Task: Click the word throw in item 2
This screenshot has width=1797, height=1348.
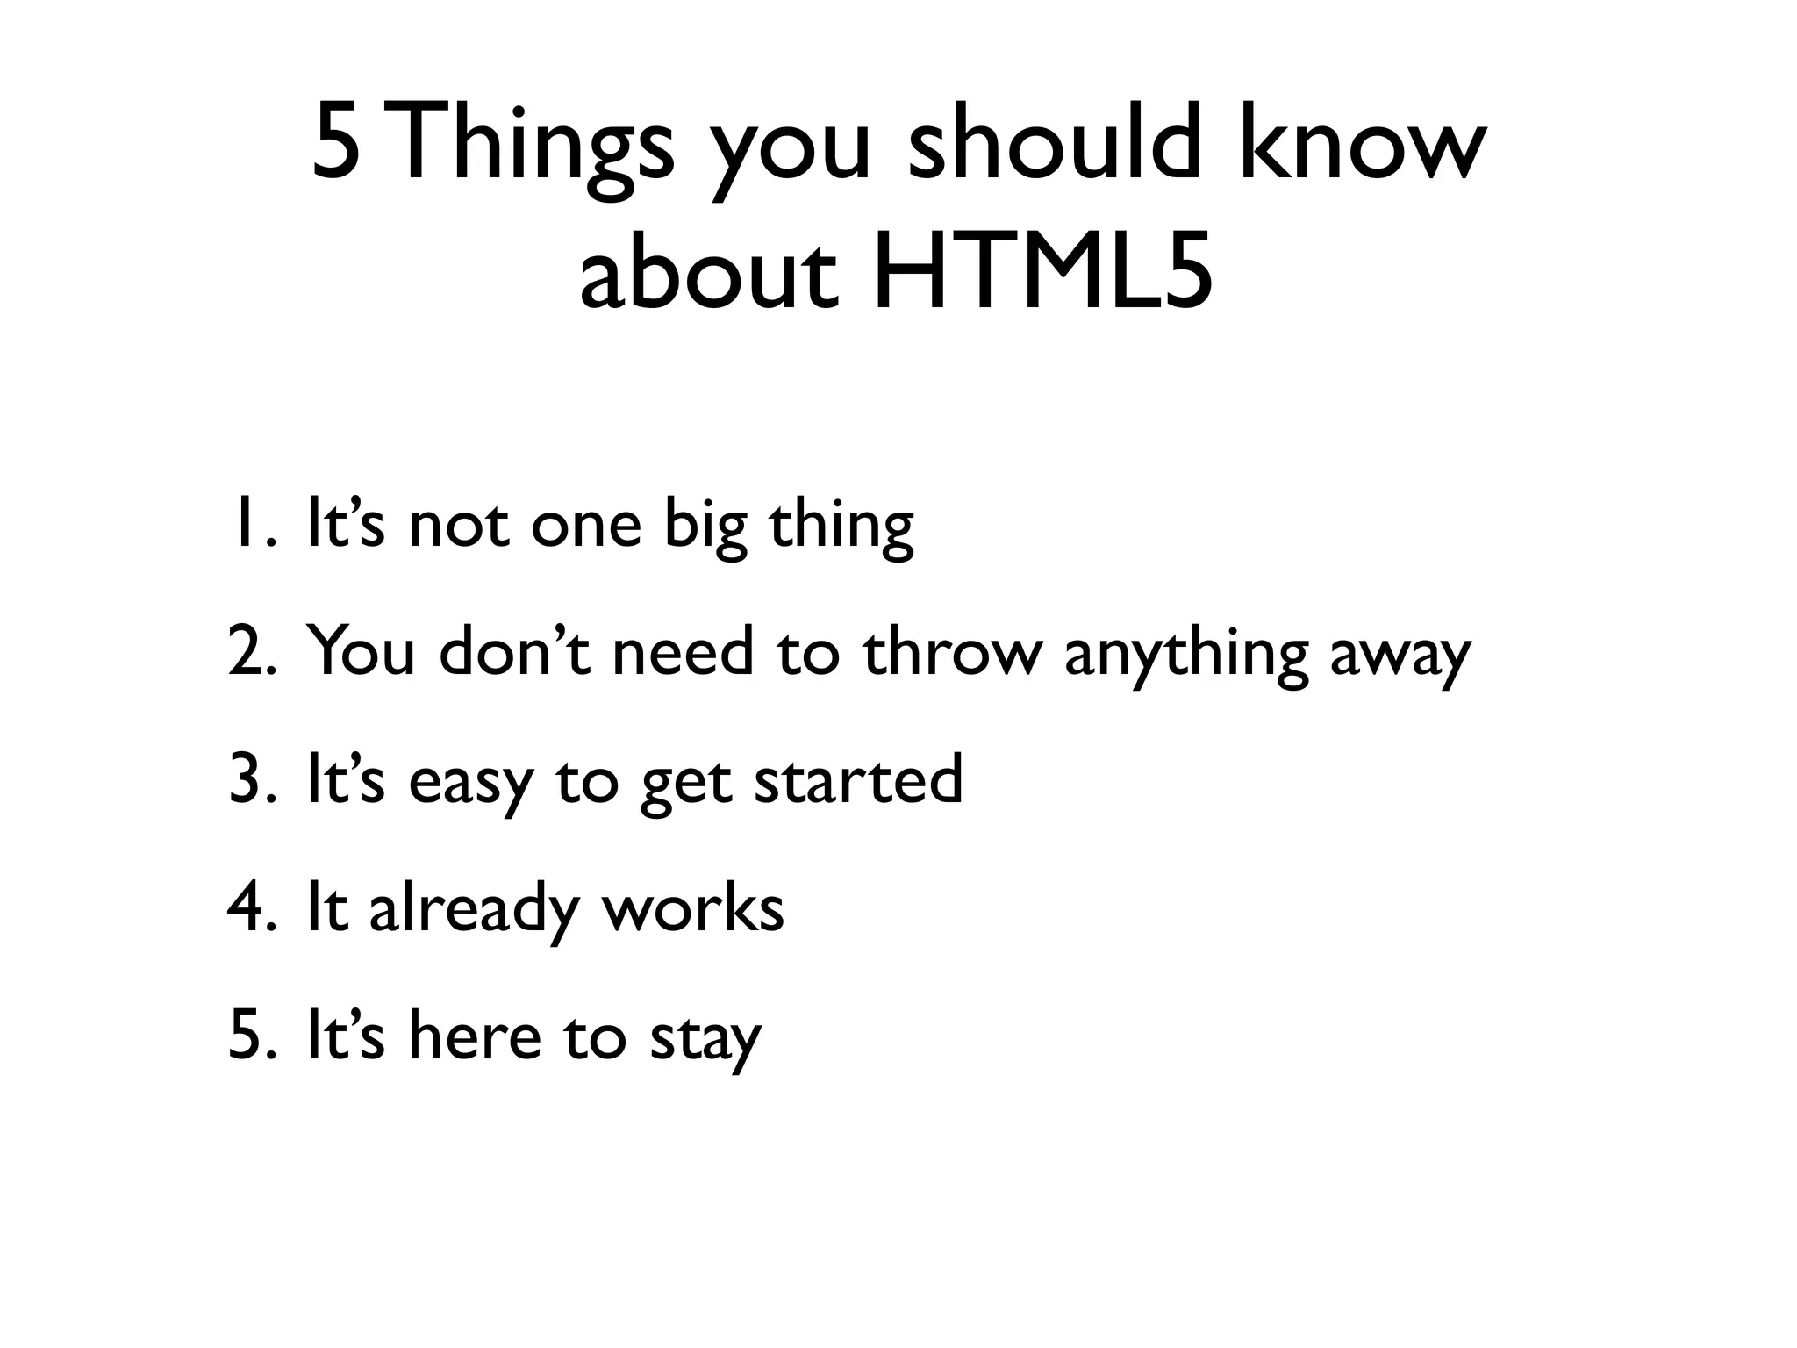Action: pos(952,652)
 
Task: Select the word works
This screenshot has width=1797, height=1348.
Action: pos(692,907)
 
